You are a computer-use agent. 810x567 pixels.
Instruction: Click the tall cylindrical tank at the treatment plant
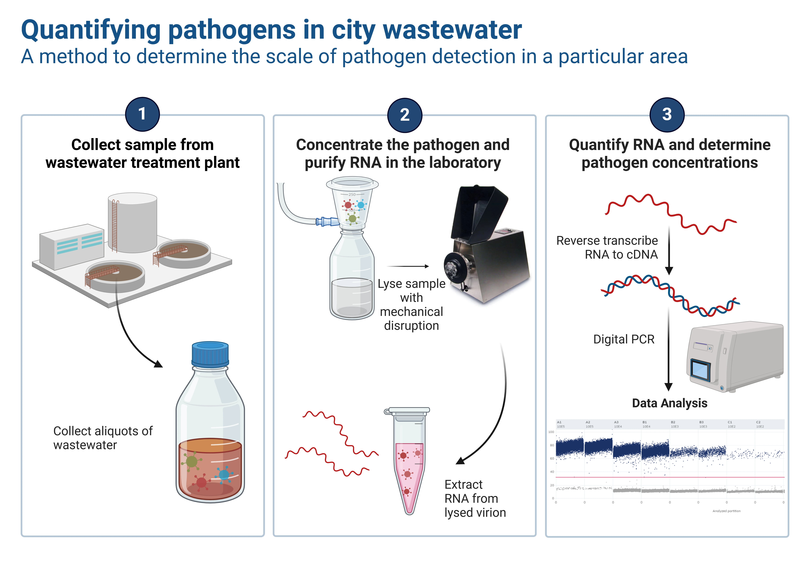click(x=133, y=222)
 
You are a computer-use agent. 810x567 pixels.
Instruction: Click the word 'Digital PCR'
click(x=624, y=339)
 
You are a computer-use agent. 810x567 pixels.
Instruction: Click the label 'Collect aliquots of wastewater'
click(x=103, y=438)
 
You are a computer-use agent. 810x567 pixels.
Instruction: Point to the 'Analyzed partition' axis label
click(x=726, y=511)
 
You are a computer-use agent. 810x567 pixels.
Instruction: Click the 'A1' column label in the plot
click(x=559, y=422)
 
